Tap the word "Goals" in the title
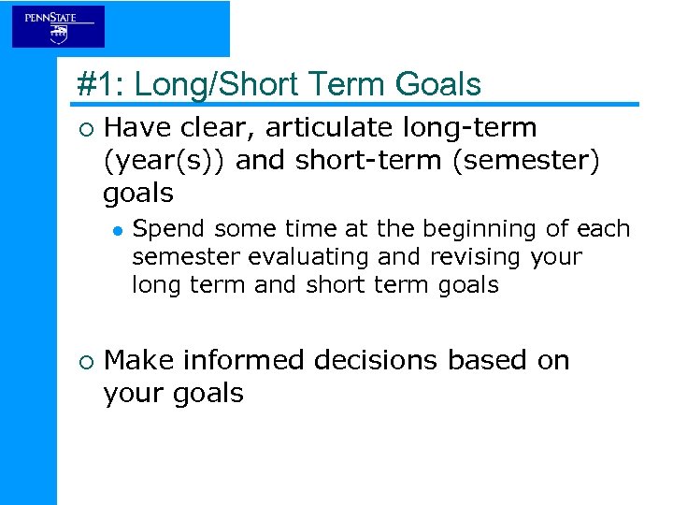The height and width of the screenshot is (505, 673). click(x=438, y=85)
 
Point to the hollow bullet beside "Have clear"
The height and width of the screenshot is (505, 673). click(x=84, y=128)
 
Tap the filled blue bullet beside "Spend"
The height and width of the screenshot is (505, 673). click(x=117, y=230)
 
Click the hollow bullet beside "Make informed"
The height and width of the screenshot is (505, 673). click(x=84, y=361)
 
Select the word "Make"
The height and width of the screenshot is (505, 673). click(x=139, y=360)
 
